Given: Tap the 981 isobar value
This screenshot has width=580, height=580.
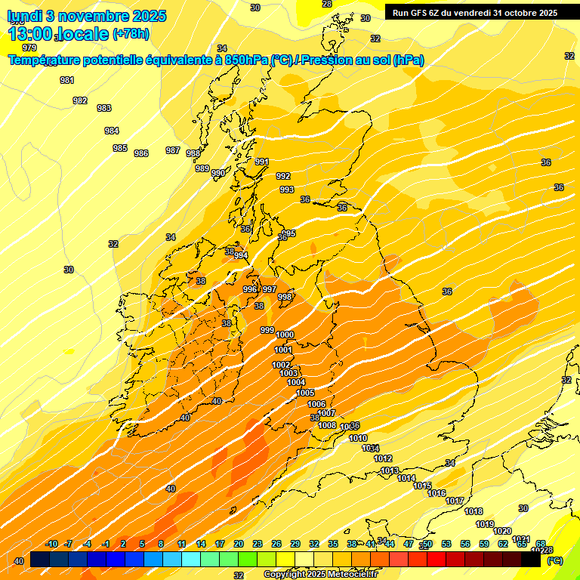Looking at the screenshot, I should click(x=67, y=81).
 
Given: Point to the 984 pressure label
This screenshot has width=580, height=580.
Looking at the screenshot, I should click(x=112, y=131).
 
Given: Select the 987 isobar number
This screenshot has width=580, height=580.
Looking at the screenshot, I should click(x=173, y=150).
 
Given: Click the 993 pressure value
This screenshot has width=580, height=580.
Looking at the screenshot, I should click(x=287, y=190).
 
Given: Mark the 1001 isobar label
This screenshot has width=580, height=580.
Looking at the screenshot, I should click(x=283, y=350).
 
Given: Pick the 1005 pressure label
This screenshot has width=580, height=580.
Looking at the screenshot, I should click(x=305, y=393).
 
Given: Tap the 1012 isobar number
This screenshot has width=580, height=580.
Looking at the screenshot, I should click(x=383, y=458).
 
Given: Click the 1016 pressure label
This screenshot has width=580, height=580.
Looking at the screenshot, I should click(x=437, y=493).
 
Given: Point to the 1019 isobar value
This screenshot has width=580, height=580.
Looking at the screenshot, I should click(x=485, y=524).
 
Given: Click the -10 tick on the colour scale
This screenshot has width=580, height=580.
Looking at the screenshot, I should click(x=51, y=544).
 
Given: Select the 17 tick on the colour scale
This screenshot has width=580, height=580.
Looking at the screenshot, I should click(x=220, y=544).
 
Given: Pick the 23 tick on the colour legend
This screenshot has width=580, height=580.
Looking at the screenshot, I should click(x=258, y=544).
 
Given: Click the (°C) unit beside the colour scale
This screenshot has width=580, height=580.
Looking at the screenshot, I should click(x=554, y=560).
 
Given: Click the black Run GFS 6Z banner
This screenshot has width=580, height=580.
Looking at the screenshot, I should click(x=475, y=12).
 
